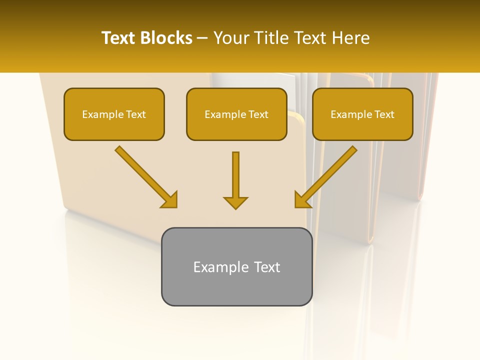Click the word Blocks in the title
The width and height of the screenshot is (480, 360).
pos(166,38)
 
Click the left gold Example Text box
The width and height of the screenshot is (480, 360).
pos(114,114)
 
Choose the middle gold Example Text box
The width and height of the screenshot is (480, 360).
pos(236,114)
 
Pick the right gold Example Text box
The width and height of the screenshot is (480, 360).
pos(362,114)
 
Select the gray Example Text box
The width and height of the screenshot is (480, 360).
pos(236,266)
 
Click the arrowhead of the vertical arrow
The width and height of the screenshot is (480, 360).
pos(235,202)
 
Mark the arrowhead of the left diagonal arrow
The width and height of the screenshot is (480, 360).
pos(169,200)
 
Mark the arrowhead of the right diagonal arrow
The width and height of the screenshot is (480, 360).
pos(302,200)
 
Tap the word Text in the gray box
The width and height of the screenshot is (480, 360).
pos(267,267)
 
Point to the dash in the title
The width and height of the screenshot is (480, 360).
pos(203,38)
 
